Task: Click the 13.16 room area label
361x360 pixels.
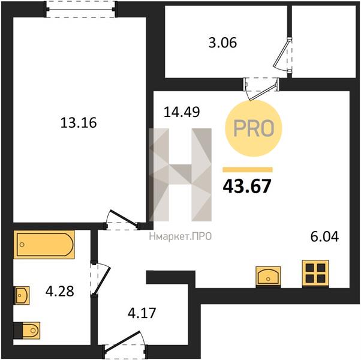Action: tap(79, 122)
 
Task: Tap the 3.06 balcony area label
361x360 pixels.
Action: tap(222, 43)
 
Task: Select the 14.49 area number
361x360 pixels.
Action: tap(182, 112)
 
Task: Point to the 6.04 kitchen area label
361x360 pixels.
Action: tap(324, 236)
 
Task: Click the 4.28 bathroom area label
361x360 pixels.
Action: tap(60, 291)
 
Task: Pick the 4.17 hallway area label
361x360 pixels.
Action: tap(142, 313)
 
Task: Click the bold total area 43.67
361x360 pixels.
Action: tap(247, 186)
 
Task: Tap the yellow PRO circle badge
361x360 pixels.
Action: tap(254, 128)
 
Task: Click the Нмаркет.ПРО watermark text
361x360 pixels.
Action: tap(180, 236)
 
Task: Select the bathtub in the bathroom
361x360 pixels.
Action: tap(44, 245)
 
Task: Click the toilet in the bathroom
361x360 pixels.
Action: tap(27, 331)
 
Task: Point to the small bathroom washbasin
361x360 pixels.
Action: tap(22, 295)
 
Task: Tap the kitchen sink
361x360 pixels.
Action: tap(268, 277)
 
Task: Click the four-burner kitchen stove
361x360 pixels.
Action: tap(315, 274)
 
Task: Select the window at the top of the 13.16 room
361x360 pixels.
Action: tap(81, 9)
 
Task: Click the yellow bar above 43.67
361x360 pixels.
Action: tap(248, 170)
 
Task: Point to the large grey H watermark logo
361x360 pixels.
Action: tap(180, 175)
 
